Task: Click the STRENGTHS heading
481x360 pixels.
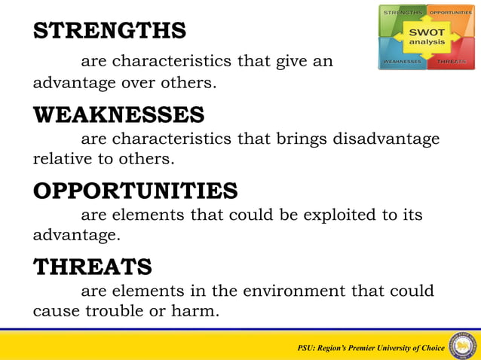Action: click(x=109, y=31)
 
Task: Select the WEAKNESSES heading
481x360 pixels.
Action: click(x=118, y=115)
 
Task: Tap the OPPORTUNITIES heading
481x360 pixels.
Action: click(x=135, y=191)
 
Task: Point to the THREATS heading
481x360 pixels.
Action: click(x=92, y=266)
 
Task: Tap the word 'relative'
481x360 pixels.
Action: click(x=61, y=159)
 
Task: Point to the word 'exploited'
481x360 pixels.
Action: click(x=338, y=215)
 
